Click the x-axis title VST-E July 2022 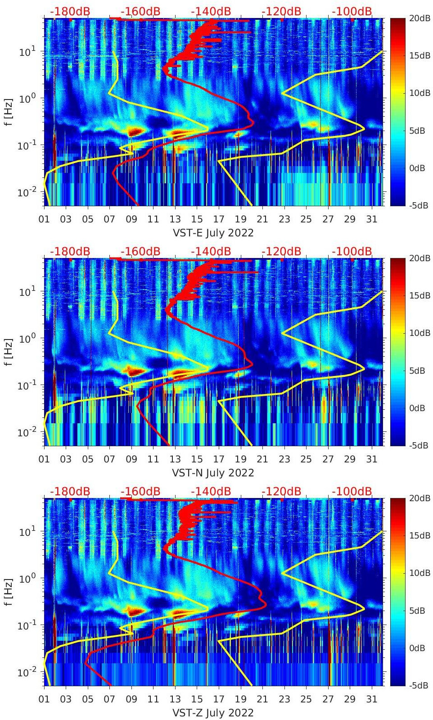(213, 233)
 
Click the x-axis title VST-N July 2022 (213, 473)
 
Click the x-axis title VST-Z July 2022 (213, 713)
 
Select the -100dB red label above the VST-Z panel (352, 492)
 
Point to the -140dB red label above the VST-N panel (211, 252)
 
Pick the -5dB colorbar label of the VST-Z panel (419, 685)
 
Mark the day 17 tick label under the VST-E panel (219, 219)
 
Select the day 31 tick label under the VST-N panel (371, 459)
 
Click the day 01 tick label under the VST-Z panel (44, 699)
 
